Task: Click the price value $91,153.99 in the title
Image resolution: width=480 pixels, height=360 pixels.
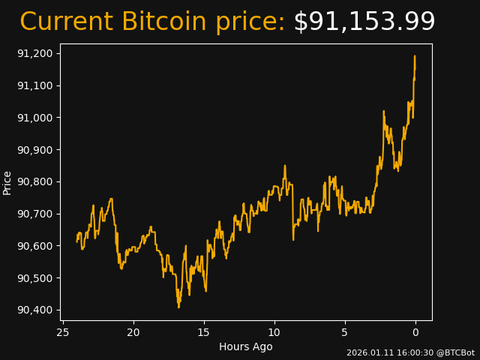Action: click(x=364, y=22)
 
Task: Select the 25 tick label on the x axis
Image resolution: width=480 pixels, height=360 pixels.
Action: click(x=63, y=332)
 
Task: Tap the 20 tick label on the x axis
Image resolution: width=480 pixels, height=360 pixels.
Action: click(x=133, y=332)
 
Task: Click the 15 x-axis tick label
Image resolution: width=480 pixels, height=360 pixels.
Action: click(x=204, y=332)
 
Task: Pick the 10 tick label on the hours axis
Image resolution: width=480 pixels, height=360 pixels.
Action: click(x=274, y=332)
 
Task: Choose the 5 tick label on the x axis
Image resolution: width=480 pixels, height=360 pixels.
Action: click(x=345, y=332)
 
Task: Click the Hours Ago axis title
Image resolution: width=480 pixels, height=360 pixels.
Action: click(x=245, y=346)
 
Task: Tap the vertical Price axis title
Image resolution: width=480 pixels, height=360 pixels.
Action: click(x=7, y=183)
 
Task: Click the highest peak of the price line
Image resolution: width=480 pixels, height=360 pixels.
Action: click(x=414, y=56)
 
